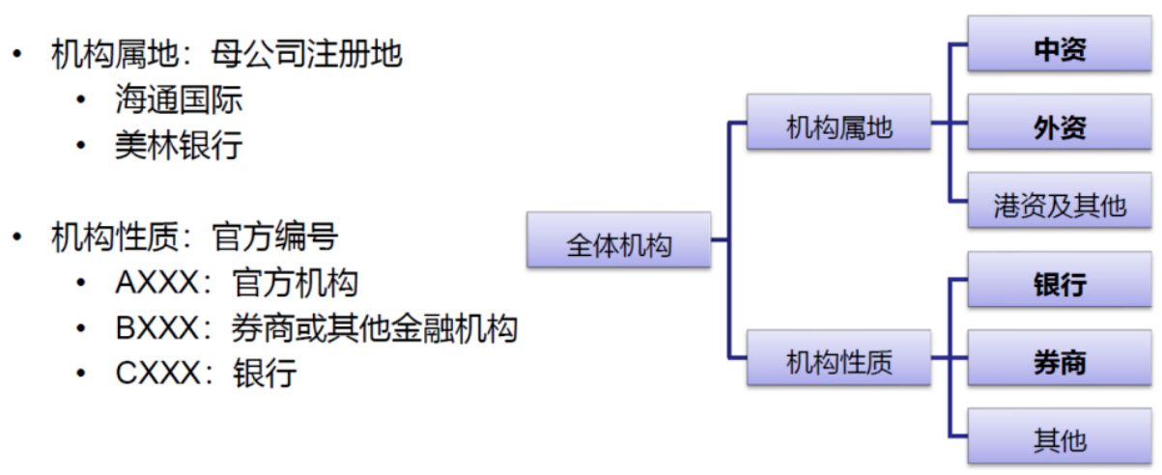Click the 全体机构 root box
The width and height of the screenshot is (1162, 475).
(x=618, y=240)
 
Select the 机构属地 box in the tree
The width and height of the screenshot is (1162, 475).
(x=838, y=123)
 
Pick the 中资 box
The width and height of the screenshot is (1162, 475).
(x=1060, y=45)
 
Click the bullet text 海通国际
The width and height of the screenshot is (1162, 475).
(x=179, y=100)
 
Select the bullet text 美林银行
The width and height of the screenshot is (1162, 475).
(x=179, y=146)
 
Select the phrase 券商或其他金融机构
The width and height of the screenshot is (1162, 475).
(x=375, y=328)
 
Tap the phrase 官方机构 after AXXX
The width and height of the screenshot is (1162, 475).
(x=296, y=284)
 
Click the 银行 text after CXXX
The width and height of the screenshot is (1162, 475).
(x=265, y=374)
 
